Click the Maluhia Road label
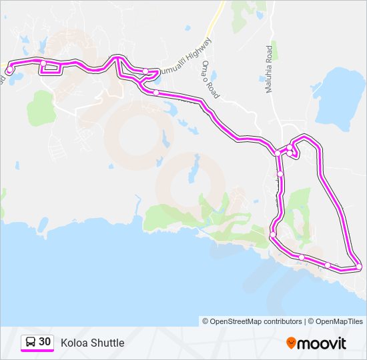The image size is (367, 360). click(271, 69)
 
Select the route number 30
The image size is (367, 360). click(45, 342)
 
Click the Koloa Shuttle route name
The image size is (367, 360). click(92, 343)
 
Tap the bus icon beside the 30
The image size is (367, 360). click(31, 343)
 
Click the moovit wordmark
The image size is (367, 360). click(322, 343)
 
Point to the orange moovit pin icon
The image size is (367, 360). click(292, 343)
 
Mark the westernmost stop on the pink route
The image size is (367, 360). click(9, 70)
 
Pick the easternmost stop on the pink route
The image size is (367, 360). click(359, 267)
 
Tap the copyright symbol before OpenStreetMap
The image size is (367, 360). click(206, 321)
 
